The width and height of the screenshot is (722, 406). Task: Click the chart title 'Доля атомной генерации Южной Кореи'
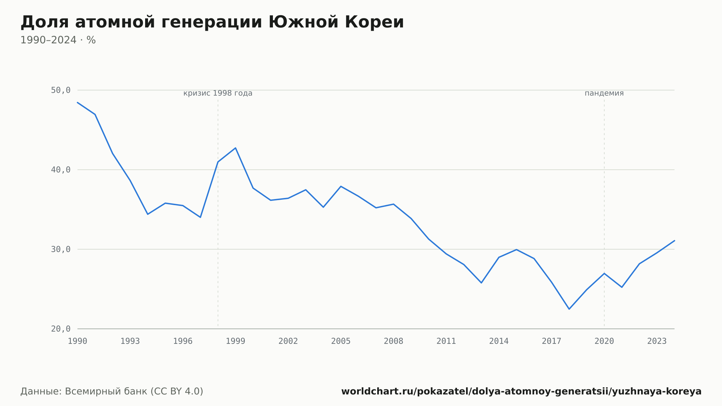pyautogui.click(x=212, y=22)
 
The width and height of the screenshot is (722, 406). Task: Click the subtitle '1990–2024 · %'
pyautogui.click(x=58, y=40)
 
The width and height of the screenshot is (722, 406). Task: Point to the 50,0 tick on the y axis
pyautogui.click(x=61, y=90)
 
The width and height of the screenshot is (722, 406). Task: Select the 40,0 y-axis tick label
pyautogui.click(x=61, y=170)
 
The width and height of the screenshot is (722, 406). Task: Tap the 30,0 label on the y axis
pyautogui.click(x=61, y=249)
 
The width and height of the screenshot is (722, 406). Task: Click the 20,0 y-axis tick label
pyautogui.click(x=61, y=329)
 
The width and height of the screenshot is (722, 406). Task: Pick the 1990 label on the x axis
pyautogui.click(x=78, y=341)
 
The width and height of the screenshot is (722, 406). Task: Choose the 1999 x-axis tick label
pyautogui.click(x=235, y=341)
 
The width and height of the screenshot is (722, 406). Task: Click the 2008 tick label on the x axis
pyautogui.click(x=393, y=341)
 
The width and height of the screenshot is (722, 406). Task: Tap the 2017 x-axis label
pyautogui.click(x=552, y=341)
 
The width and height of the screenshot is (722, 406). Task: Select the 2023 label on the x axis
pyautogui.click(x=657, y=341)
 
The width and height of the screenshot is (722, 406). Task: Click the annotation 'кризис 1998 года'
pyautogui.click(x=218, y=93)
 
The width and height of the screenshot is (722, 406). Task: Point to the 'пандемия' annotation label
pyautogui.click(x=604, y=93)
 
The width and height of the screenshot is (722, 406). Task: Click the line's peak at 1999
pyautogui.click(x=235, y=148)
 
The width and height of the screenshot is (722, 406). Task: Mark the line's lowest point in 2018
pyautogui.click(x=569, y=309)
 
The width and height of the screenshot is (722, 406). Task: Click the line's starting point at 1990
pyautogui.click(x=78, y=103)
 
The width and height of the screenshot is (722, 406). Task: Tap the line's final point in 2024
pyautogui.click(x=674, y=241)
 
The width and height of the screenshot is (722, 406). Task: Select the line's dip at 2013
pyautogui.click(x=481, y=283)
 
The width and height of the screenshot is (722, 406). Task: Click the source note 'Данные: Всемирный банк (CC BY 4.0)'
pyautogui.click(x=112, y=392)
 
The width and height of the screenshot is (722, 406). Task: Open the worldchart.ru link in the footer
pyautogui.click(x=521, y=392)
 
